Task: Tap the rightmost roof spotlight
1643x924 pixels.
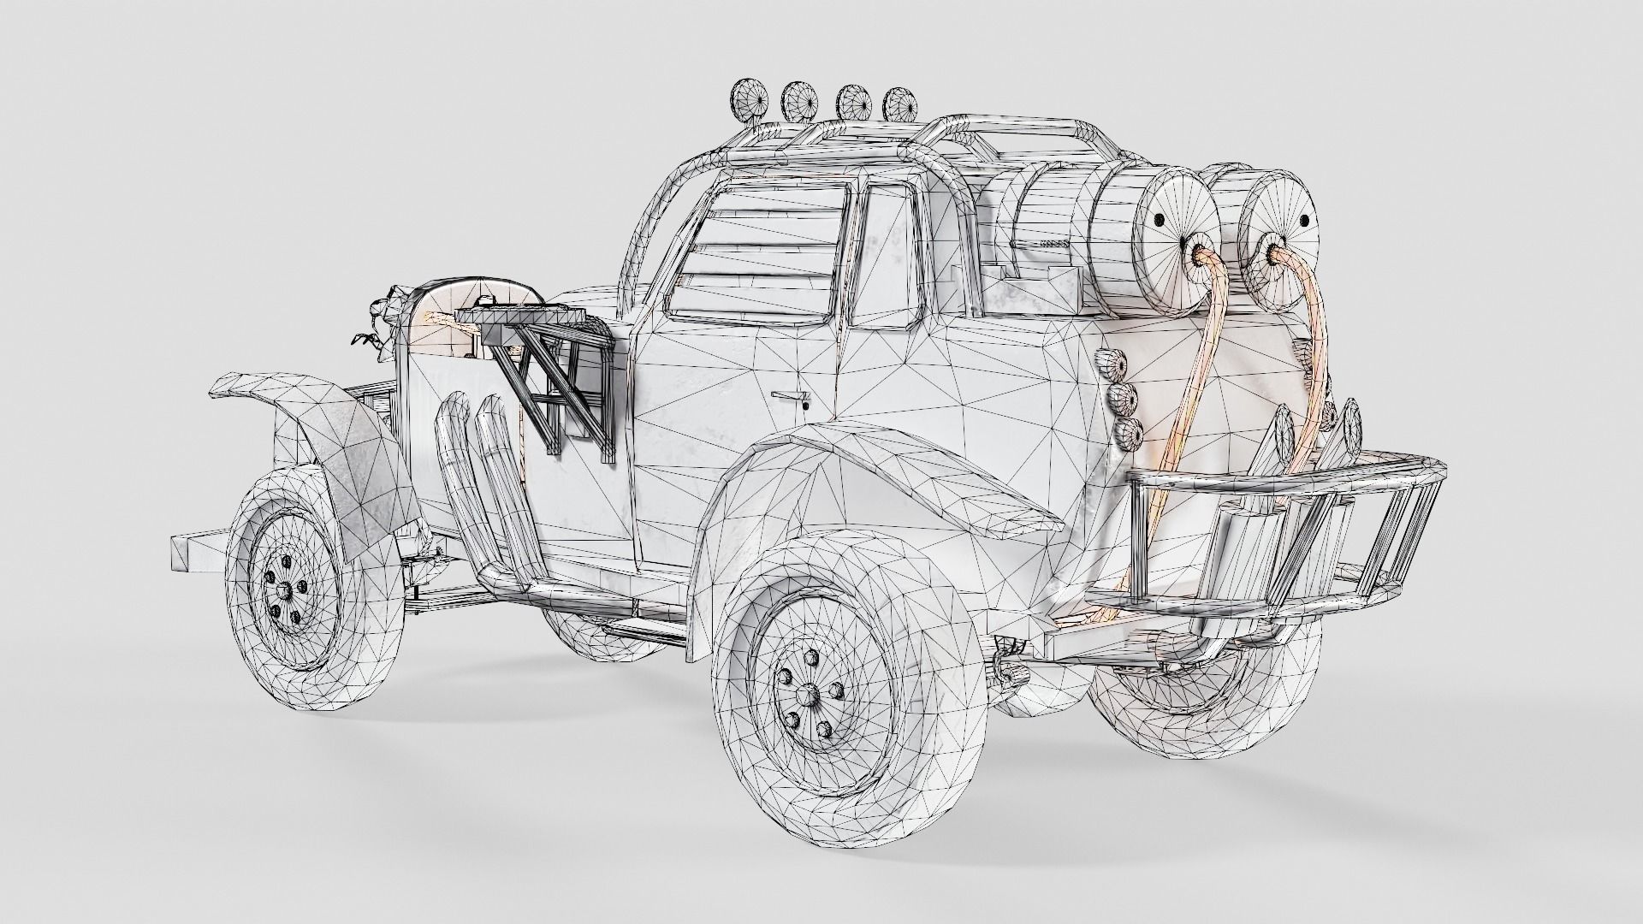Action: (x=899, y=104)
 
